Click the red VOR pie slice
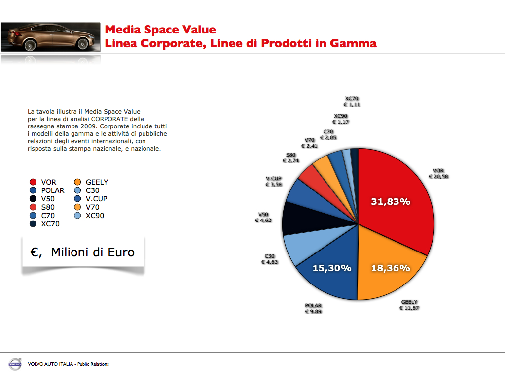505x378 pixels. pos(395,197)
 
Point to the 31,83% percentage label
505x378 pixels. pos(391,202)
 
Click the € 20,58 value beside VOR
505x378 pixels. pos(438,177)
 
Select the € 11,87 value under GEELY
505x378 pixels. pos(409,308)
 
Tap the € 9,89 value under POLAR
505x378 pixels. pos(313,312)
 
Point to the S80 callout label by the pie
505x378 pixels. pos(290,155)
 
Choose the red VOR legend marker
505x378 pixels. pos(33,182)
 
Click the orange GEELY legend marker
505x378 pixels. pos(77,182)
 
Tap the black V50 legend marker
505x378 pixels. pos(33,199)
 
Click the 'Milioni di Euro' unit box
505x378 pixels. pos(83,252)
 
